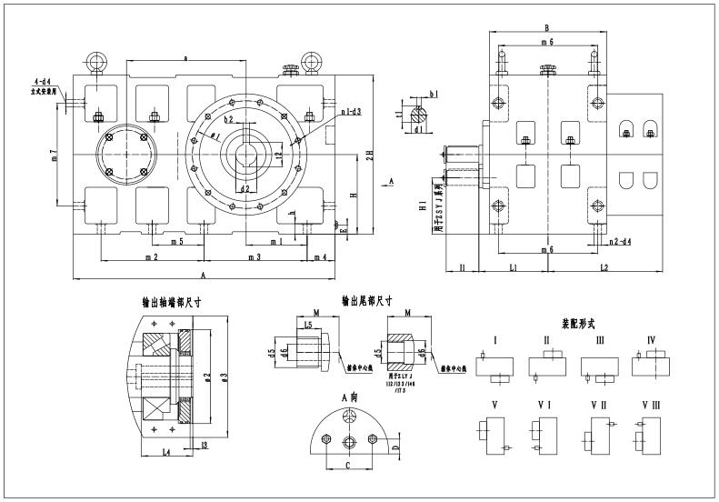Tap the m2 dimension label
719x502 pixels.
152,257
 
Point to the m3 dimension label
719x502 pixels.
254,257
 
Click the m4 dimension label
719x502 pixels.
319,257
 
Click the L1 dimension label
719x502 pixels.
514,267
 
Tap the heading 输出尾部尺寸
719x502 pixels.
367,301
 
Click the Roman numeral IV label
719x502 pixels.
651,340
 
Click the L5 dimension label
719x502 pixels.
308,324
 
